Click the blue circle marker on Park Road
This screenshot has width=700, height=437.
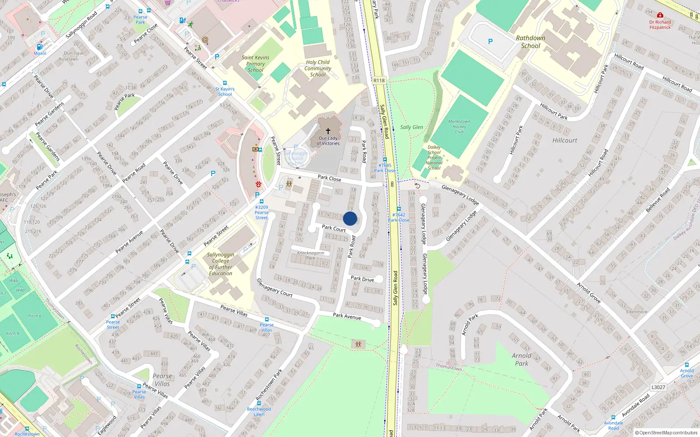click(350, 218)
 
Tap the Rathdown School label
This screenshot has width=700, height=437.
click(530, 42)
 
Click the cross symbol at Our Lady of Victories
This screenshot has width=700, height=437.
click(328, 131)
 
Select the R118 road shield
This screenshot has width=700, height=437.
click(379, 80)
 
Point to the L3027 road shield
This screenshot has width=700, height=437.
click(658, 387)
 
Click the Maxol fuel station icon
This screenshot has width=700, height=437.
click(39, 47)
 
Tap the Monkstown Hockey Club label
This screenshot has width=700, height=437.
click(459, 127)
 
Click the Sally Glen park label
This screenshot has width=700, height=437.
click(411, 127)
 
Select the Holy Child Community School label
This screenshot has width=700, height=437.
click(318, 69)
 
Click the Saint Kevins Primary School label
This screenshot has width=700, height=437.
click(255, 64)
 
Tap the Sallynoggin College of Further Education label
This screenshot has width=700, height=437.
click(220, 264)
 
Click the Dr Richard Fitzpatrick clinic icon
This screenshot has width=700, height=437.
click(660, 15)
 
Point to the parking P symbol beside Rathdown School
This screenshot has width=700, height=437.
click(490, 42)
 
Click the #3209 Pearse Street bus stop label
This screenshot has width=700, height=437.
click(262, 212)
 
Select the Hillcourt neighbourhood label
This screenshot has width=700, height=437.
click(564, 140)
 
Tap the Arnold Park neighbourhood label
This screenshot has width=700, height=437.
click(521, 359)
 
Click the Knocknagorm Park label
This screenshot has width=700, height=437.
click(311, 255)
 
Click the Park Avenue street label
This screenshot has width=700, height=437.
click(347, 316)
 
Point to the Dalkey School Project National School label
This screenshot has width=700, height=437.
click(434, 158)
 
